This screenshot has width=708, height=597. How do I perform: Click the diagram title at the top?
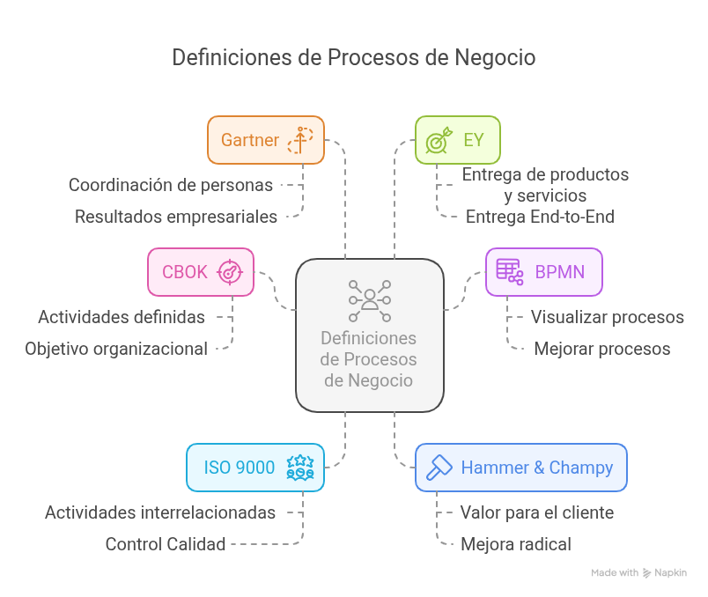[x=353, y=58]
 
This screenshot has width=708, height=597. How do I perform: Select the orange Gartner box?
[x=266, y=140]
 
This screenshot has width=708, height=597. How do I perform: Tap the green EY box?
[x=457, y=140]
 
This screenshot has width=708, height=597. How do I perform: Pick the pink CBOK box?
[x=201, y=271]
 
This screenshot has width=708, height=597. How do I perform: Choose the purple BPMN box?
[x=543, y=271]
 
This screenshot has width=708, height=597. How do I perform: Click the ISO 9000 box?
[x=255, y=468]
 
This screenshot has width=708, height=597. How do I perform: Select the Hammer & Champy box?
[x=520, y=468]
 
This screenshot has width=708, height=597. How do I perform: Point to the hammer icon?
[x=439, y=468]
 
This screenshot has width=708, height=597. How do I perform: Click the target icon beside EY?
[x=438, y=141]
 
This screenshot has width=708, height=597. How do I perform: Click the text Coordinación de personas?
[x=171, y=185]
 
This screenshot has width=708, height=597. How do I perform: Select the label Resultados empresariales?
[x=176, y=217]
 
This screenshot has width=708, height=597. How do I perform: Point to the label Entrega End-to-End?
[x=540, y=217]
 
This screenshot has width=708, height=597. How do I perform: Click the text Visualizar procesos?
[x=607, y=317]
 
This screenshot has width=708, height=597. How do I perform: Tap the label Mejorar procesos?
[x=601, y=349]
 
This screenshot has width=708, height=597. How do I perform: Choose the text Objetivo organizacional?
[x=116, y=349]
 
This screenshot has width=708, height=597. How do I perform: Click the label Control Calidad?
[x=166, y=544]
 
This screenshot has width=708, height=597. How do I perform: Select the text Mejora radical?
[x=516, y=544]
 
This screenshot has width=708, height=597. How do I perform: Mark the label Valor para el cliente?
[x=536, y=512]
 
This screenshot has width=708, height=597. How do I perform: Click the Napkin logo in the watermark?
[x=648, y=573]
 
